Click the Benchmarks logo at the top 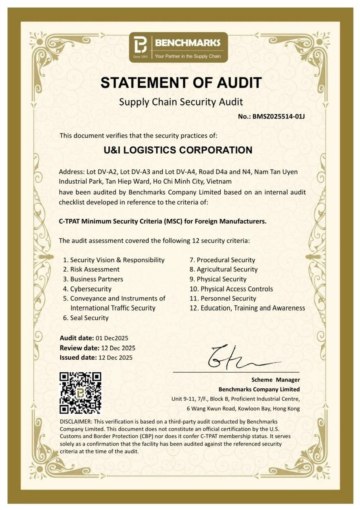click(178, 47)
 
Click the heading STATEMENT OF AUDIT click(181, 83)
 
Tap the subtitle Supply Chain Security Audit click(180, 102)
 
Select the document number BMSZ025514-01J click(279, 117)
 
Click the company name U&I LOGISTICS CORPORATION click(178, 150)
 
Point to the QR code click(80, 393)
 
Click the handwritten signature click(240, 357)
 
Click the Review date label click(79, 348)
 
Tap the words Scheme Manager click(275, 380)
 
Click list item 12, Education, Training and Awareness click(248, 308)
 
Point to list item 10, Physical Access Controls click(232, 289)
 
